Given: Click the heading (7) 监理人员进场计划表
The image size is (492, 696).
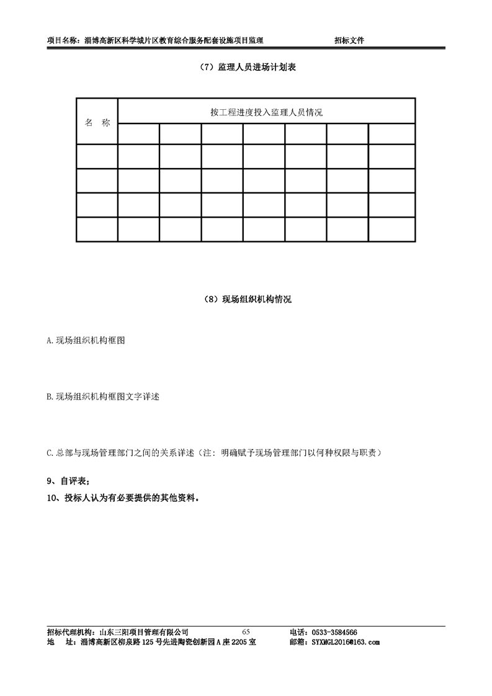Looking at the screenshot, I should (x=246, y=67).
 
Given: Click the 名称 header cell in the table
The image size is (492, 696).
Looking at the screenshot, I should (x=97, y=122).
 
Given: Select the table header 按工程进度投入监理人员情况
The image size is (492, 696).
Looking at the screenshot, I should (x=266, y=112).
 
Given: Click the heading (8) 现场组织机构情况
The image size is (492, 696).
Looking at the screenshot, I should (x=247, y=300).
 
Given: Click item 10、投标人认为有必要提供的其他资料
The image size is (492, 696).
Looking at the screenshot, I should (x=123, y=497).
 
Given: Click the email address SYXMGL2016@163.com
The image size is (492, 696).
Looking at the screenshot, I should (x=343, y=642).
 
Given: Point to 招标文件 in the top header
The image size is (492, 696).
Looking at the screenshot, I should (x=349, y=40).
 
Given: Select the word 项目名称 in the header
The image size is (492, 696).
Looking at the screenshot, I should (x=62, y=40).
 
